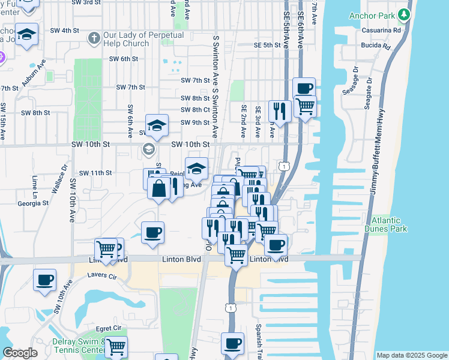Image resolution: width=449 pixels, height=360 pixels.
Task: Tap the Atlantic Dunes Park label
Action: point(388,224)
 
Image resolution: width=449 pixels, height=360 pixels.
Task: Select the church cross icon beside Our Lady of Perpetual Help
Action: point(93,39)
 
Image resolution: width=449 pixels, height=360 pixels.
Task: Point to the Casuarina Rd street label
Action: point(384,29)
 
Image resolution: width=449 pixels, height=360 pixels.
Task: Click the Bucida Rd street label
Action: point(376,46)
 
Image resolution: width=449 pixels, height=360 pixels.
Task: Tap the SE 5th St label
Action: point(267,45)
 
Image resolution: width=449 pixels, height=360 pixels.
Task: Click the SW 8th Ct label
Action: point(196,110)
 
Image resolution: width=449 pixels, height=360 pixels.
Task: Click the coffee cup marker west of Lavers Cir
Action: point(45,280)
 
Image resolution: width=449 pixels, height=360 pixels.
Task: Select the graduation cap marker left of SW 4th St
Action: point(26,34)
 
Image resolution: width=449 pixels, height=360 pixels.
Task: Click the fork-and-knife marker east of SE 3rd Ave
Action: point(280,110)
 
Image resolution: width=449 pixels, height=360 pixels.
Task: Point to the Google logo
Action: point(20,353)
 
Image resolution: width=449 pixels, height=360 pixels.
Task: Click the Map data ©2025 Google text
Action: point(411,355)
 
